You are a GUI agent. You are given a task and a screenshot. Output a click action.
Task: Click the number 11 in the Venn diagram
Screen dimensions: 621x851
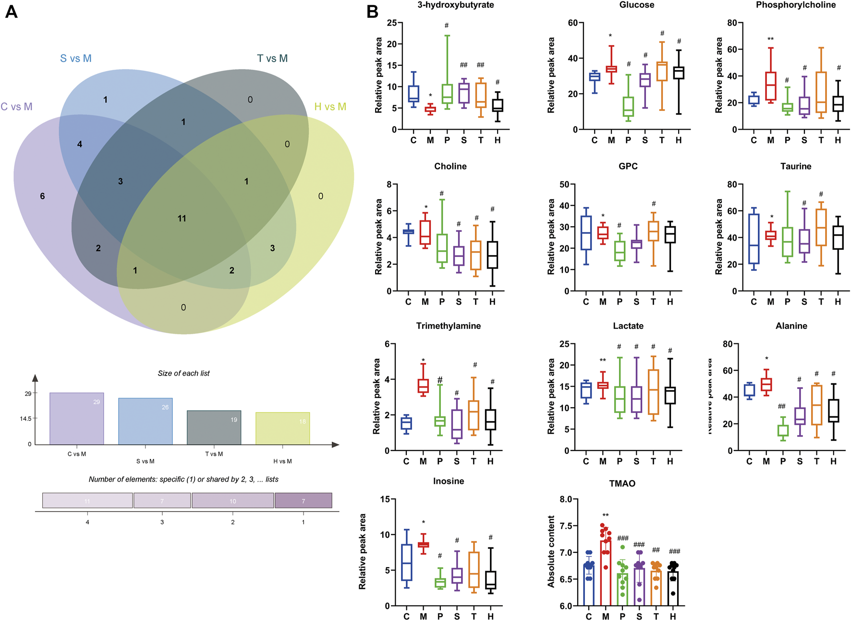point(182,219)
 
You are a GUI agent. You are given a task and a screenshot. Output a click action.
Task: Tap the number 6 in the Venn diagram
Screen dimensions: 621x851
point(42,196)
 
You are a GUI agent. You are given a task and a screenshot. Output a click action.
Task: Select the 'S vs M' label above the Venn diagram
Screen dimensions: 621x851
point(75,59)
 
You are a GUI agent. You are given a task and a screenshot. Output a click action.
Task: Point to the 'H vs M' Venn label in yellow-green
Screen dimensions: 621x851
point(330,107)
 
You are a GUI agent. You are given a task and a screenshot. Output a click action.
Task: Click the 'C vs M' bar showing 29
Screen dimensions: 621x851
point(76,419)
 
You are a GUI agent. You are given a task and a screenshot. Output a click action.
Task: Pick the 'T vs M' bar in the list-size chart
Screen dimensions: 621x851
point(214,427)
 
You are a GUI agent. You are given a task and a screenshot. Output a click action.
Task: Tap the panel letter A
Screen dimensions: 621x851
point(11,12)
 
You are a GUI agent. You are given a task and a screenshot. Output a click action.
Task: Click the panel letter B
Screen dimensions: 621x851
point(372,12)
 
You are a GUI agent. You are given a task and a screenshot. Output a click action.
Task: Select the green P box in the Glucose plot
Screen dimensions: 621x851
point(628,107)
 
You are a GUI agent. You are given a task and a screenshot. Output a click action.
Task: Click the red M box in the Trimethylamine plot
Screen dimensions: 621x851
point(423,386)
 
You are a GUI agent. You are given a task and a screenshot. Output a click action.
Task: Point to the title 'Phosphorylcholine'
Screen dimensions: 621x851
point(795,5)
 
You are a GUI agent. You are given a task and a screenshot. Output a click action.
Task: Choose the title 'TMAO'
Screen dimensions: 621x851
point(622,484)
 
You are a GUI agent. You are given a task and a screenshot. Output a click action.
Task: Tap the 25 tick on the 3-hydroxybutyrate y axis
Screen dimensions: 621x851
point(392,23)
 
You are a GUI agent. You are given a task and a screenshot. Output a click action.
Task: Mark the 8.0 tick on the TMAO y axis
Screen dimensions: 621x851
point(566,499)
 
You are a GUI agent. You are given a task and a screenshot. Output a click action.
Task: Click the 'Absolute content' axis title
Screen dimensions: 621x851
point(551,551)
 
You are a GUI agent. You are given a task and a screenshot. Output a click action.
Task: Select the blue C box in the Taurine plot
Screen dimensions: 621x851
point(754,239)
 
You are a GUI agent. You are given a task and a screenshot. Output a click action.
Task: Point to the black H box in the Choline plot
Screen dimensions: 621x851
point(492,255)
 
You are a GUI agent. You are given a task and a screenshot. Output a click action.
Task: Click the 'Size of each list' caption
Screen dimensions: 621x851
point(183,373)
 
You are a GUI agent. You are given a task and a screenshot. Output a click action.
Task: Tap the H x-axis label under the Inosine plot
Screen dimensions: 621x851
point(490,617)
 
